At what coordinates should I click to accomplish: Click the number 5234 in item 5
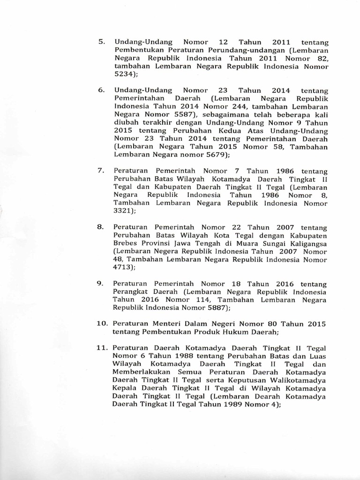tap(124, 74)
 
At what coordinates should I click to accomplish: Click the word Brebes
tap(126, 243)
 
